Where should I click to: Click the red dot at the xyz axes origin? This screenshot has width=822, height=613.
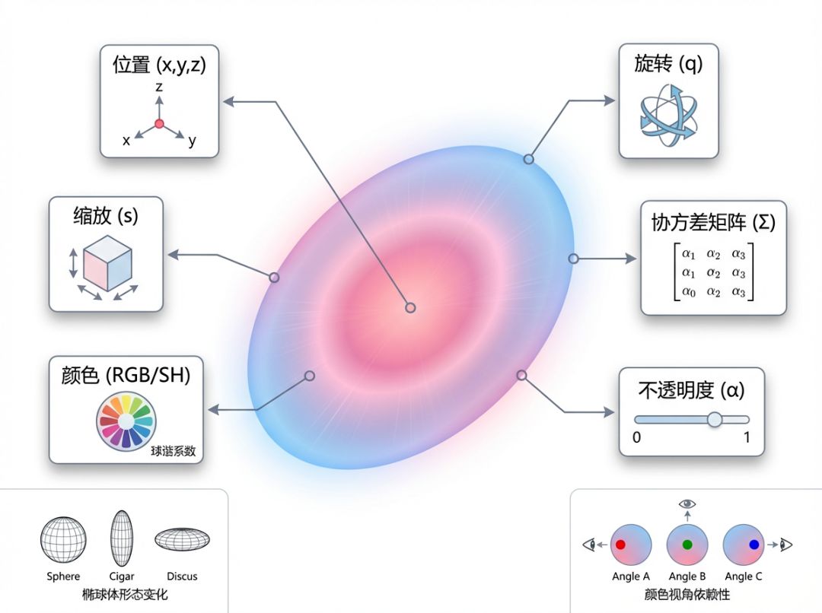click(x=159, y=123)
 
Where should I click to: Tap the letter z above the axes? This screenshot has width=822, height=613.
click(x=159, y=87)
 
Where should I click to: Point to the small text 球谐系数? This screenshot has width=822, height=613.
click(x=173, y=451)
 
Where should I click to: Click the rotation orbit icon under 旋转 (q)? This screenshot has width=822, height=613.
click(x=667, y=116)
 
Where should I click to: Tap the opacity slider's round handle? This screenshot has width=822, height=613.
click(x=714, y=419)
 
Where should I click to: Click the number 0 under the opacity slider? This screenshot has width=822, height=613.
click(x=636, y=437)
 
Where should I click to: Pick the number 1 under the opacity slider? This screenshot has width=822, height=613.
click(x=747, y=437)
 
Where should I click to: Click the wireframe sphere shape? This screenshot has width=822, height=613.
click(x=63, y=540)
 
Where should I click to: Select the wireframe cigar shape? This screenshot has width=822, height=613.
click(x=122, y=539)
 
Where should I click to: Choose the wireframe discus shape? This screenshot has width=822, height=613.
click(x=182, y=539)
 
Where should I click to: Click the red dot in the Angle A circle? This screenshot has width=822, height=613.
click(x=620, y=545)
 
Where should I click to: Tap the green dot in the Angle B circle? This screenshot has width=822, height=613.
click(x=687, y=545)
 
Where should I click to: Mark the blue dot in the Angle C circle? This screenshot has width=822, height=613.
click(x=753, y=545)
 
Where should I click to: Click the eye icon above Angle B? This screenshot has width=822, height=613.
click(x=687, y=503)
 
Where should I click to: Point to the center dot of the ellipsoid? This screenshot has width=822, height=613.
click(x=410, y=307)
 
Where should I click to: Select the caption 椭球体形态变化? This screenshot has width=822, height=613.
click(x=125, y=594)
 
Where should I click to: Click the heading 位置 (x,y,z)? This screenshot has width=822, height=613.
click(x=159, y=65)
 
